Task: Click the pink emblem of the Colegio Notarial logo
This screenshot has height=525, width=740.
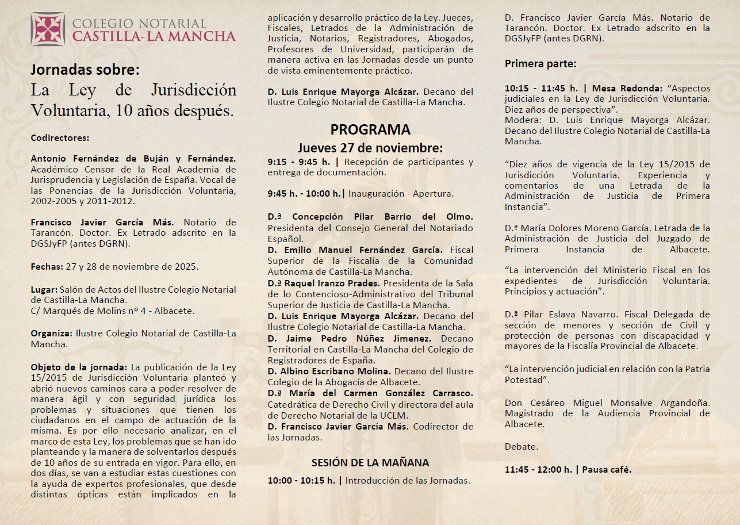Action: pyautogui.click(x=48, y=29)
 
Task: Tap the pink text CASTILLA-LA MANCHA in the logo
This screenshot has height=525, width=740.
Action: pyautogui.click(x=154, y=36)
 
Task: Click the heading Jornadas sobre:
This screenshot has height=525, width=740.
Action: pyautogui.click(x=85, y=70)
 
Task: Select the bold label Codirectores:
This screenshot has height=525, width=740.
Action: pyautogui.click(x=60, y=138)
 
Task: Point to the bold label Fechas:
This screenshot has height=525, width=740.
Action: pyautogui.click(x=47, y=267)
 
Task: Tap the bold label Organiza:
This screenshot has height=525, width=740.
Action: pyautogui.click(x=52, y=334)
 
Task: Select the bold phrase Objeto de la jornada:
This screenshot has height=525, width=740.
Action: pyautogui.click(x=79, y=367)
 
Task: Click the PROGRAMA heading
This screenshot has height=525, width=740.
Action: pyautogui.click(x=370, y=129)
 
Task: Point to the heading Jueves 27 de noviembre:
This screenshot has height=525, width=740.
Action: pyautogui.click(x=370, y=147)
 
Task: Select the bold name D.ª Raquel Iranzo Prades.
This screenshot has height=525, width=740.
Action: pyautogui.click(x=324, y=283)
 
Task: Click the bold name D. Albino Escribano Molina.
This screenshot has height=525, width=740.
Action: pyautogui.click(x=329, y=371)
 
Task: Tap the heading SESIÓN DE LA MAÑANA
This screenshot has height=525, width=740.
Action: pyautogui.click(x=370, y=462)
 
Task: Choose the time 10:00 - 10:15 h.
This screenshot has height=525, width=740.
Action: pyautogui.click(x=301, y=480)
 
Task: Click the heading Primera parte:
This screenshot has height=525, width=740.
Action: pyautogui.click(x=540, y=64)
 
